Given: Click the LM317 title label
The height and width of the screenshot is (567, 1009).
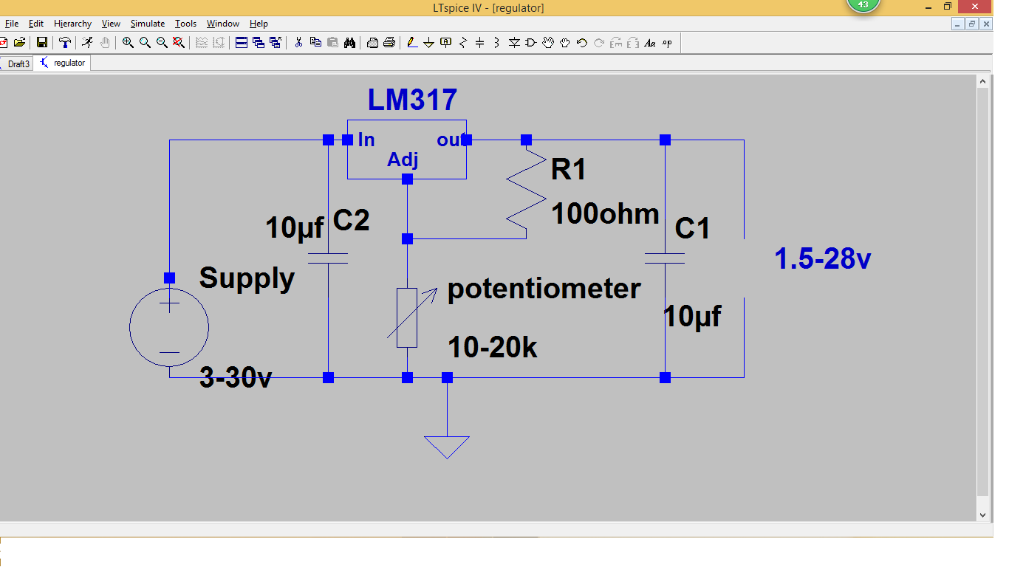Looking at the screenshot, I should tap(412, 100).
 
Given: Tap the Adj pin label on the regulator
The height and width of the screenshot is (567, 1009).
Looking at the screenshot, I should tap(403, 160).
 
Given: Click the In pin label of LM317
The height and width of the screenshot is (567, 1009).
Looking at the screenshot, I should tap(366, 140).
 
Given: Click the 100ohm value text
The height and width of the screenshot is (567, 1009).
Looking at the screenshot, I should tap(605, 214).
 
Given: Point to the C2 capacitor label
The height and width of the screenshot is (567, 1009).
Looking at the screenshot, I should tap(351, 220).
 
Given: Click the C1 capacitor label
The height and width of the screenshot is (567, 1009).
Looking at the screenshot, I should tap(692, 228).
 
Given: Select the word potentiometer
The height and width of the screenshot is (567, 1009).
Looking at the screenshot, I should tap(544, 288).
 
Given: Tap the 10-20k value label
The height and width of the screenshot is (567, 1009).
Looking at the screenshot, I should tap(493, 347).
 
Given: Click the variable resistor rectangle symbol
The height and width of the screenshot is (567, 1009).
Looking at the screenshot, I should tap(407, 317).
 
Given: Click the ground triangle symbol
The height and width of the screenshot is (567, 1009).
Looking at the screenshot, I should tap(447, 445).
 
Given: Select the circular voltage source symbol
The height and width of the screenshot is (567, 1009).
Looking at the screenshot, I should tap(169, 327).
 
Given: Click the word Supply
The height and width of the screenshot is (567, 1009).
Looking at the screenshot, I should tap(247, 278).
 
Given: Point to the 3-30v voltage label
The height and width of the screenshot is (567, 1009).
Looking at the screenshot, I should tap(236, 378).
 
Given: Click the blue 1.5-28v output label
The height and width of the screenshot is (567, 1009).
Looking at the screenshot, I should tap(822, 259).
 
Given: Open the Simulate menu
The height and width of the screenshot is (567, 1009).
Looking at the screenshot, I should tap(148, 24).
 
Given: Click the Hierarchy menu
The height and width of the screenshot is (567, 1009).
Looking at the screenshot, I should tap(72, 24).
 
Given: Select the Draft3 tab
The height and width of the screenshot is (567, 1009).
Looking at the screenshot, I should tap(18, 63).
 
